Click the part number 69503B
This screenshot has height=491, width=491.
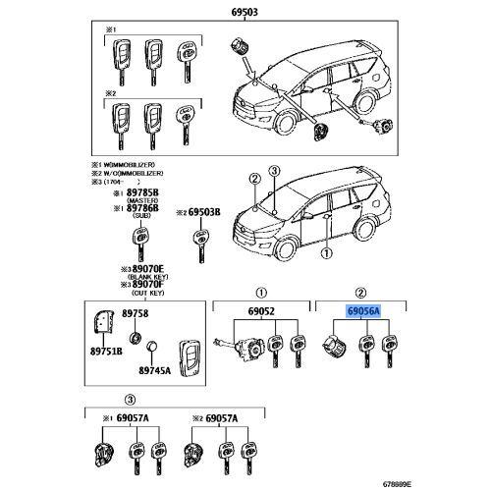(204, 211)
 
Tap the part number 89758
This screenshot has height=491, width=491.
(135, 313)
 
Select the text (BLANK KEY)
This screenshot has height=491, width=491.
(138, 276)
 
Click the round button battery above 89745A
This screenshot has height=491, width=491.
(152, 347)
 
